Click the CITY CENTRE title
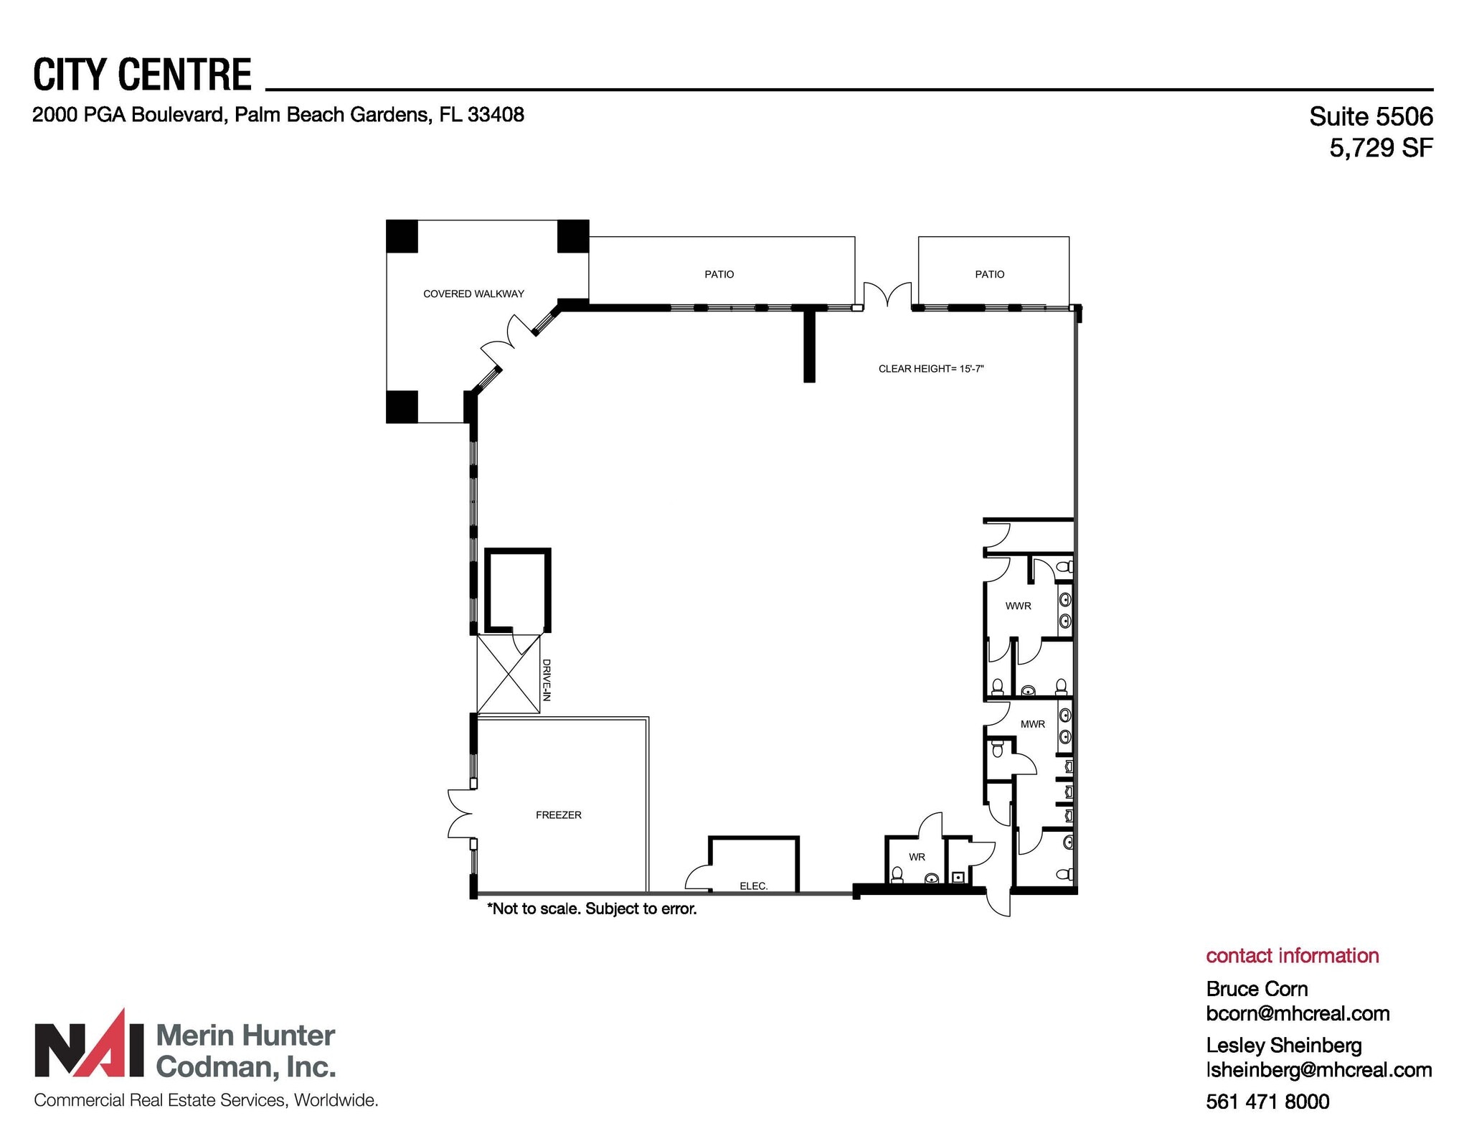tap(142, 75)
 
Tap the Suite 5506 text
tap(1370, 116)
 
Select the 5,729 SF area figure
tap(1380, 148)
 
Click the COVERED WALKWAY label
tap(473, 294)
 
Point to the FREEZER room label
tap(558, 815)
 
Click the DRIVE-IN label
tap(546, 680)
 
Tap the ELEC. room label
tap(753, 886)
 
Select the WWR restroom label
tap(1018, 606)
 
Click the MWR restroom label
tap(1032, 724)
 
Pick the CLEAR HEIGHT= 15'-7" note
tap(930, 369)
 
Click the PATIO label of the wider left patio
tap(719, 274)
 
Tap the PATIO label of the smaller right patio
tap(989, 274)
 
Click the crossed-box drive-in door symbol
tap(509, 674)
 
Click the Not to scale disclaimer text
tap(592, 909)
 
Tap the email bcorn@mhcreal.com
tap(1298, 1013)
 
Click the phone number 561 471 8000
tap(1267, 1102)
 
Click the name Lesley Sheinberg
tap(1283, 1045)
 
